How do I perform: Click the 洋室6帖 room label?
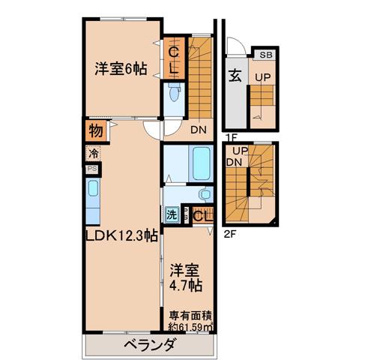tap(121, 69)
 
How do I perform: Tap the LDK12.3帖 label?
tap(121, 235)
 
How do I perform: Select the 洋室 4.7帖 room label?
tap(186, 277)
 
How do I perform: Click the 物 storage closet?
tap(96, 130)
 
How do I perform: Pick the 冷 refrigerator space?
tap(94, 154)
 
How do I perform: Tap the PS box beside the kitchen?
tap(92, 169)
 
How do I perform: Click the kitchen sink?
tap(93, 188)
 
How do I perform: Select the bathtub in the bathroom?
tap(201, 163)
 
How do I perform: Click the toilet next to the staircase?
tap(174, 93)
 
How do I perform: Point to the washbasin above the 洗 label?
tap(205, 193)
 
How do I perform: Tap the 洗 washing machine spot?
tap(172, 214)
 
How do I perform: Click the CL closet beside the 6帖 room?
tap(174, 58)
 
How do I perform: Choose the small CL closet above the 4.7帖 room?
tap(203, 214)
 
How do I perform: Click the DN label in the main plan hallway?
tap(199, 130)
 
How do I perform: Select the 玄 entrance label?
tap(235, 76)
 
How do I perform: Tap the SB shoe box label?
tap(266, 55)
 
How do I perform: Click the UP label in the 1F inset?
tap(263, 78)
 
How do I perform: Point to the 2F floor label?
tap(230, 235)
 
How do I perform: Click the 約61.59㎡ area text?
tap(191, 327)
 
